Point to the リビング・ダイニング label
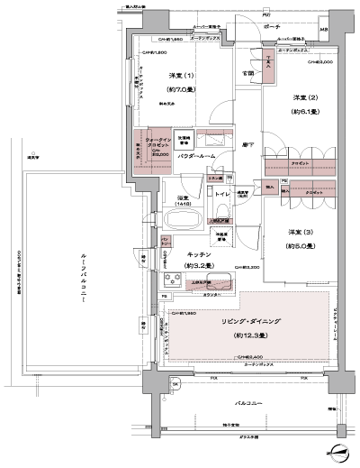(241, 322)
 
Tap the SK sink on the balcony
(175, 385)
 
